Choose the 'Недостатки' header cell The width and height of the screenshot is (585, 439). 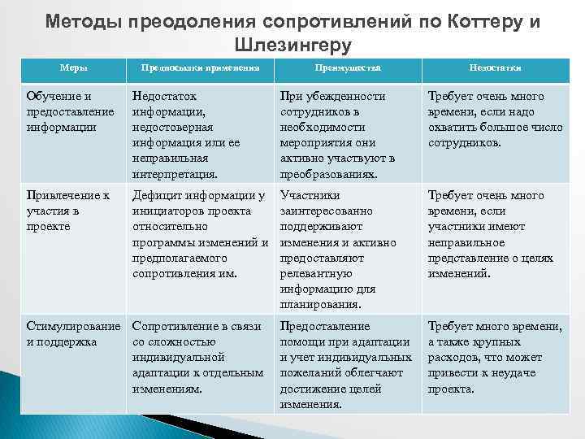click(495, 69)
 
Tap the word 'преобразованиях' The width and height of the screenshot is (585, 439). click(329, 174)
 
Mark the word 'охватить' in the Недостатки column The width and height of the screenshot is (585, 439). click(453, 128)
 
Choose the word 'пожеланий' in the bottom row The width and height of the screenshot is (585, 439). click(310, 373)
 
